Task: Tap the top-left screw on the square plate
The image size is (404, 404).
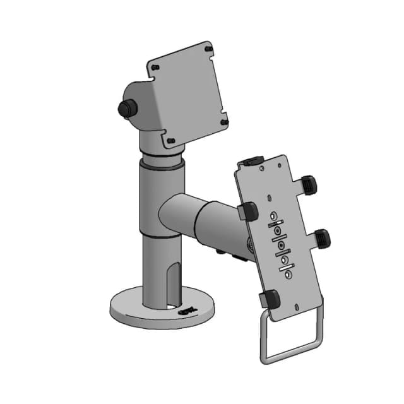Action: (x=153, y=66)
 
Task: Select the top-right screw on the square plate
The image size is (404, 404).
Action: (x=209, y=49)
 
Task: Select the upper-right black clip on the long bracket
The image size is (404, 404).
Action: (x=309, y=184)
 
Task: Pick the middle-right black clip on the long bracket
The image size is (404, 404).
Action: (x=322, y=237)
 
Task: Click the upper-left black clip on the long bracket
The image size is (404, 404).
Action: (x=249, y=211)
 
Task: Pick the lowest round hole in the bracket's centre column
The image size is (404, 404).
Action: (x=288, y=275)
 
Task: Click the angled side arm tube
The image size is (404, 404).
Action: (x=196, y=218)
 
